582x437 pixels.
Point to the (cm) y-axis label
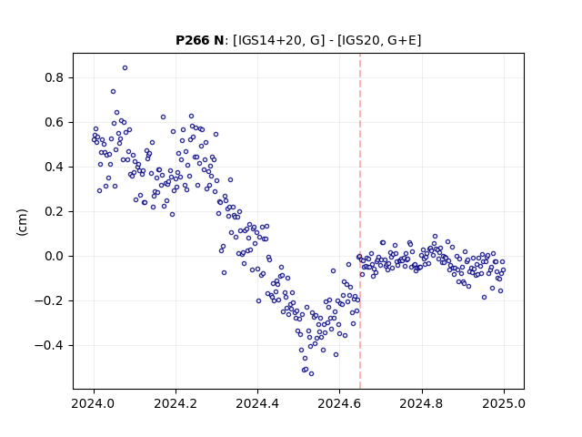point(22,222)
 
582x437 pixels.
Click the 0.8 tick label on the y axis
point(54,77)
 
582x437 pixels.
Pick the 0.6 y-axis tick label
point(54,122)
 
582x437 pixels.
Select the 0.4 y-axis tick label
point(54,167)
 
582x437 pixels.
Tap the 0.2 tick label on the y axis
point(54,211)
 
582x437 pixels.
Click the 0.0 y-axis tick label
point(54,256)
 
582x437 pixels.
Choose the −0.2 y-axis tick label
point(49,300)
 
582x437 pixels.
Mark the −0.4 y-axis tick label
point(49,345)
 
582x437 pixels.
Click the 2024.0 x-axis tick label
point(94,403)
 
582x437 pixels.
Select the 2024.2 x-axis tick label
point(176,403)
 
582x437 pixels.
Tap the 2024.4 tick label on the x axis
point(257,403)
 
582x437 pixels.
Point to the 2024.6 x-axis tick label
point(339,403)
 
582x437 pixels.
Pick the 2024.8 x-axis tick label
point(421,403)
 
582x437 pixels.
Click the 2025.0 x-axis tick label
point(504,403)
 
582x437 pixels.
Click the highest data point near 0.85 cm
point(125,67)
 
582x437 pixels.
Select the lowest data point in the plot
point(311,373)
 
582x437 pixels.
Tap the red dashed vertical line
point(360,221)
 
